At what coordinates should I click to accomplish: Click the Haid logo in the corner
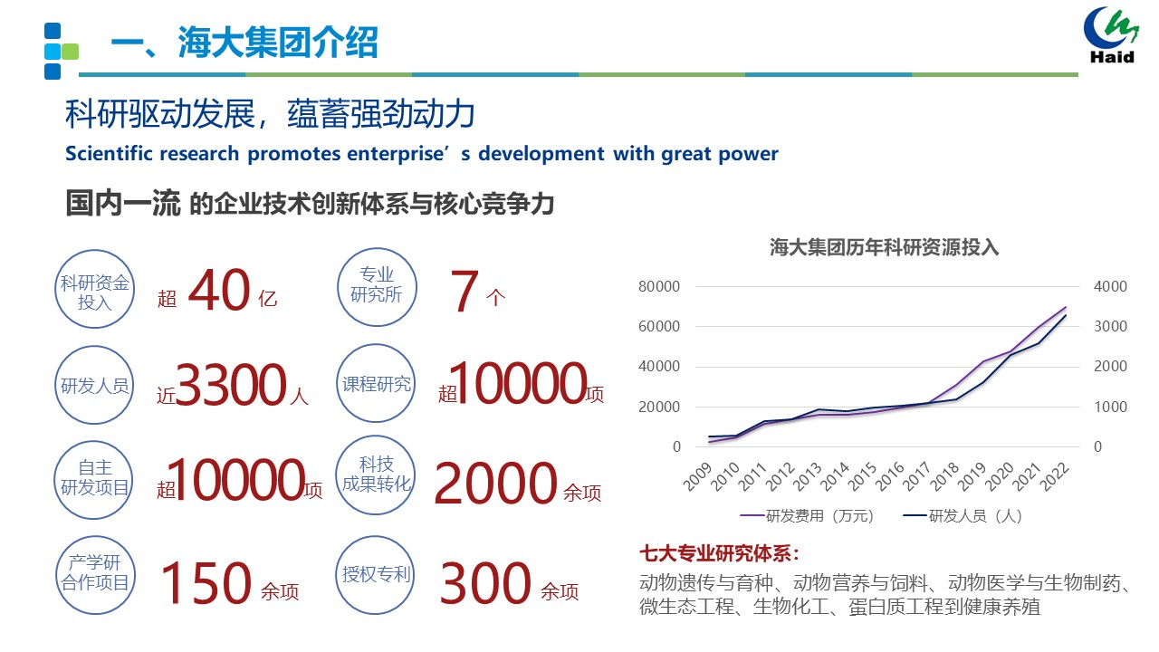tap(1112, 36)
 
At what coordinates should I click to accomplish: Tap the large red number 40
tap(219, 292)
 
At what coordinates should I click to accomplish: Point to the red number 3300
tap(231, 386)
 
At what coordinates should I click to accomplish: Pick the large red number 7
tap(464, 292)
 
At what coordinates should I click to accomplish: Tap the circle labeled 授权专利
tap(377, 573)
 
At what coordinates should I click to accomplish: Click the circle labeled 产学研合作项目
tap(95, 573)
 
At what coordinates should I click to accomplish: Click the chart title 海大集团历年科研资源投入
tap(884, 247)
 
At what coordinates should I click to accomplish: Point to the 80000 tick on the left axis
tap(658, 286)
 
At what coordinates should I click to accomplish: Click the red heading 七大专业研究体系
tap(720, 553)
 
